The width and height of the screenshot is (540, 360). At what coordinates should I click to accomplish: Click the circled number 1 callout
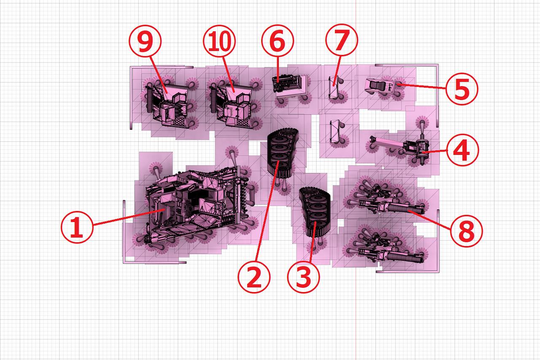click(77, 227)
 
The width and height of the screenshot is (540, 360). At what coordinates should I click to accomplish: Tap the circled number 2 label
click(254, 277)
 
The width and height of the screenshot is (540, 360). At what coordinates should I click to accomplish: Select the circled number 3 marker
click(303, 277)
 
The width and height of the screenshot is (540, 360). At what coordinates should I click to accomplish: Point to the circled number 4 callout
click(462, 150)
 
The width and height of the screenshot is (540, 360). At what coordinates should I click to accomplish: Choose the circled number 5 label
click(462, 89)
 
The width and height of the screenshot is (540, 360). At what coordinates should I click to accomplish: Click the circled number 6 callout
click(278, 41)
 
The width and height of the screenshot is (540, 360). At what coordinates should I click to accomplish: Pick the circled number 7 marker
click(342, 40)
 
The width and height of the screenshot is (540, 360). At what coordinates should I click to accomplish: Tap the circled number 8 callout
click(467, 231)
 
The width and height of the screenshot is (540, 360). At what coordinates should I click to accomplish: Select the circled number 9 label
click(145, 41)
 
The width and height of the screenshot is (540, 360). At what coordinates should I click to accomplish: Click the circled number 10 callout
click(219, 41)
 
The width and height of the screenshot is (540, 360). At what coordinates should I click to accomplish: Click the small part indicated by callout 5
click(380, 86)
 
